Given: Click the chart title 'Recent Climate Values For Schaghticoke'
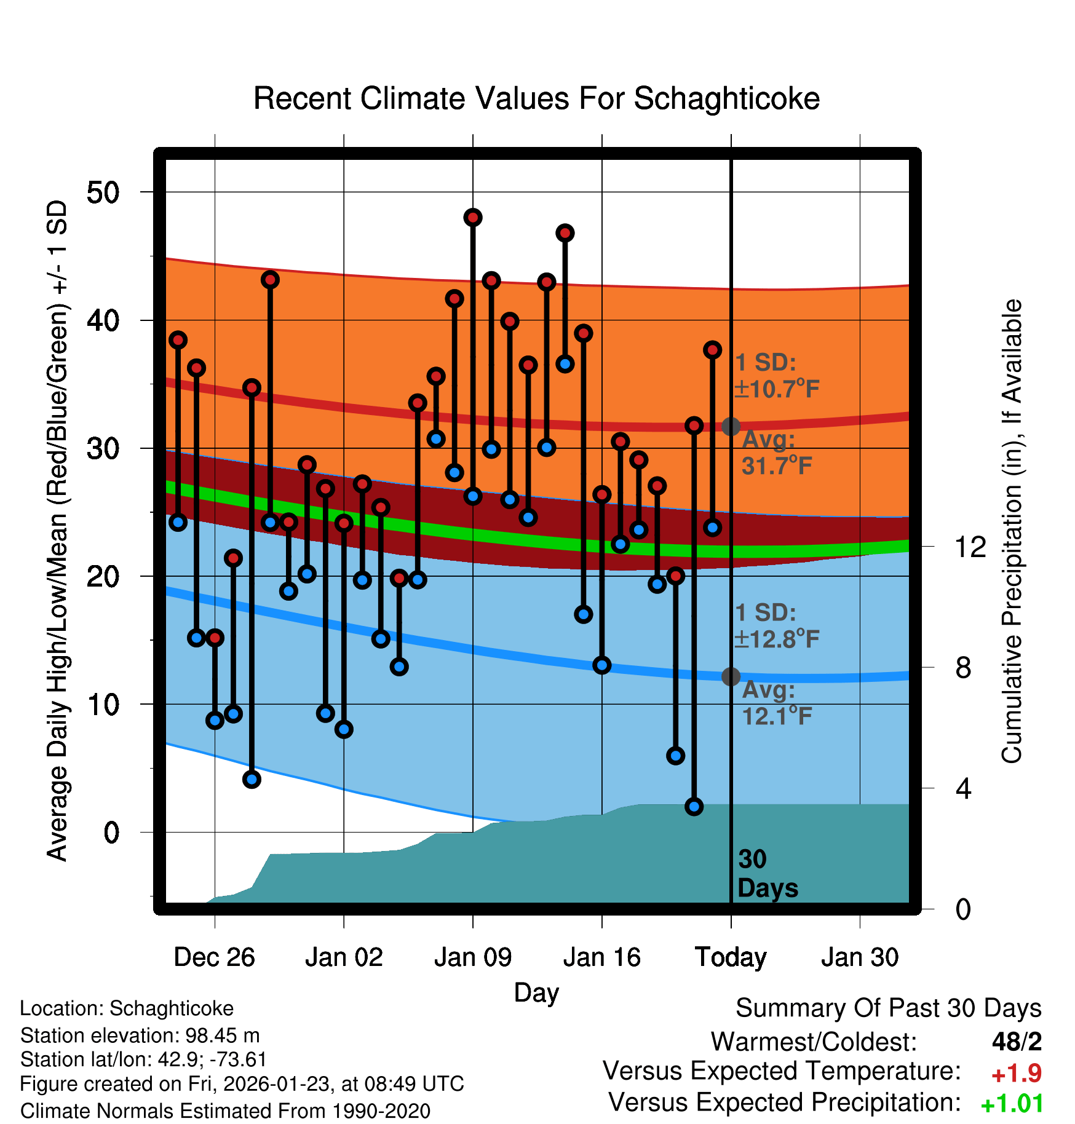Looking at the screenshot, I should tap(536, 98).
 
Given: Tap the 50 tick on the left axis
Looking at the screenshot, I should tap(103, 192).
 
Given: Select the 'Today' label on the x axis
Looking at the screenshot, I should tap(731, 957).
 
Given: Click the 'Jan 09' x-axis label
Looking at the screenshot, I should tap(472, 957).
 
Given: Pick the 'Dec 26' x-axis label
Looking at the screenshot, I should tap(214, 957).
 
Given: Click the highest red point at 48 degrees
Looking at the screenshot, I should tap(473, 217).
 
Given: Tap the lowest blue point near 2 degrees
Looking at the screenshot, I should tap(694, 806).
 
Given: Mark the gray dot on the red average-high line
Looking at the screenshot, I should tap(731, 426).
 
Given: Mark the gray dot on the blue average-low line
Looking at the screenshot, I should tap(731, 676).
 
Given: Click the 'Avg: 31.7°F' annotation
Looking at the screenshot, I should tap(776, 453).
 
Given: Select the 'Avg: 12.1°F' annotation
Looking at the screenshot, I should tap(776, 703).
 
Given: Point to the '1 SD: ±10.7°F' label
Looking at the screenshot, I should tap(776, 376).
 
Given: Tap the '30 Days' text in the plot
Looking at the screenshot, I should tap(767, 874).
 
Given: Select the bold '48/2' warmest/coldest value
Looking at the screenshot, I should tap(1017, 1042).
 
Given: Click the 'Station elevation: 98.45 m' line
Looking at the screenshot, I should tap(140, 1035).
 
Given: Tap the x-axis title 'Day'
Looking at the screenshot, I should tap(536, 992).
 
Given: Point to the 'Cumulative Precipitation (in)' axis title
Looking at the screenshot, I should tap(1011, 532).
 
